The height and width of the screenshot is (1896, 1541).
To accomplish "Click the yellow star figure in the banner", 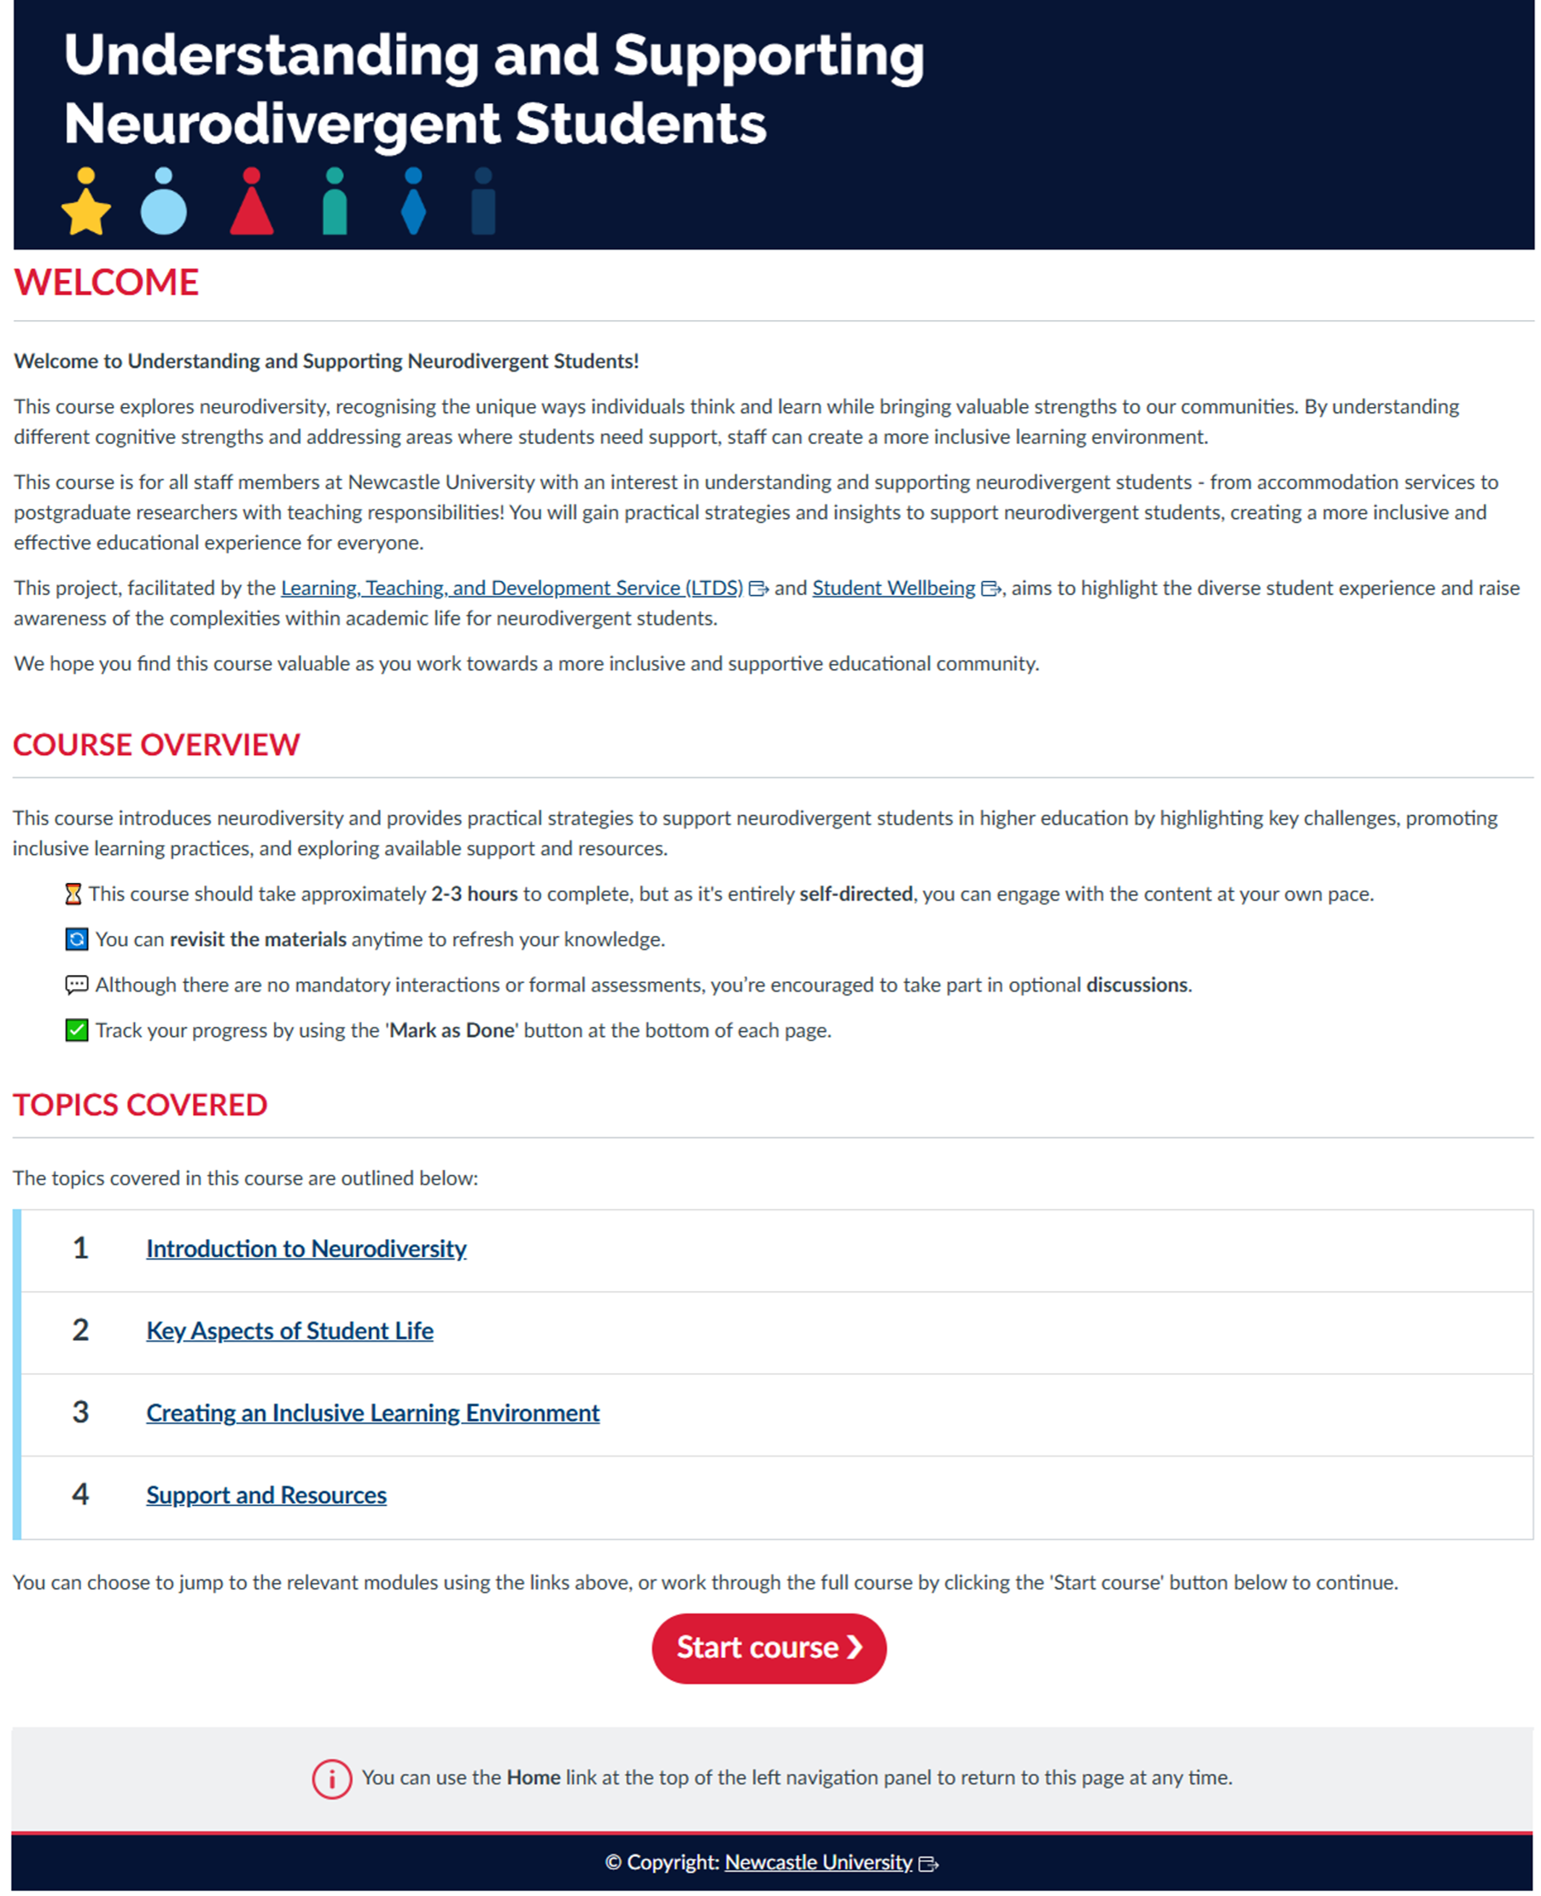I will pos(86,204).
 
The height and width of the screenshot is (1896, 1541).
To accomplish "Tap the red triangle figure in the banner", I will pos(251,204).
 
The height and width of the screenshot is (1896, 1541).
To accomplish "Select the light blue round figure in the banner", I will pos(164,204).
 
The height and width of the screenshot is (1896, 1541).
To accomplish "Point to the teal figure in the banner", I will pos(335,204).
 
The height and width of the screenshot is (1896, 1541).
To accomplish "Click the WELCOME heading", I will pos(107,282).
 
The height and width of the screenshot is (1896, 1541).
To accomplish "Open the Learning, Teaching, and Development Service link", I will pos(511,587).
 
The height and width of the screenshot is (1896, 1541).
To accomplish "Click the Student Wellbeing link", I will pos(893,587).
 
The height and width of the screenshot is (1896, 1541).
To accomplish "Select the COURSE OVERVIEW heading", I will pos(156,744).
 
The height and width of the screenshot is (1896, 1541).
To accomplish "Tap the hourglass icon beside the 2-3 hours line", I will pos(73,893).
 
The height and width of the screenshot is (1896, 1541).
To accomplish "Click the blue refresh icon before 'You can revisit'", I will pos(76,939).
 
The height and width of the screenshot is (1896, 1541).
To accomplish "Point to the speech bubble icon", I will pos(76,985).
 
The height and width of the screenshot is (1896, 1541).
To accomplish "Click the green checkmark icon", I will pos(76,1030).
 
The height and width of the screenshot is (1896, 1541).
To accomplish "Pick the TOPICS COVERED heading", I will pos(139,1105).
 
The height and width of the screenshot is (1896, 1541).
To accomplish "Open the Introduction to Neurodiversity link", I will pos(306,1248).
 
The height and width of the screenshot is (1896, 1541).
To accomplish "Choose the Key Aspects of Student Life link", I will pos(289,1330).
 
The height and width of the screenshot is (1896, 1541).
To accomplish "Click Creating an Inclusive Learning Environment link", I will pos(373,1412).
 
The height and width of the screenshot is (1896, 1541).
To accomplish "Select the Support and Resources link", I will pos(266,1495).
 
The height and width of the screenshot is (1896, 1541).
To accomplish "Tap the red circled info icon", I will pos(332,1778).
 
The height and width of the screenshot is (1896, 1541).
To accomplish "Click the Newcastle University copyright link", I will pos(819,1861).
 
